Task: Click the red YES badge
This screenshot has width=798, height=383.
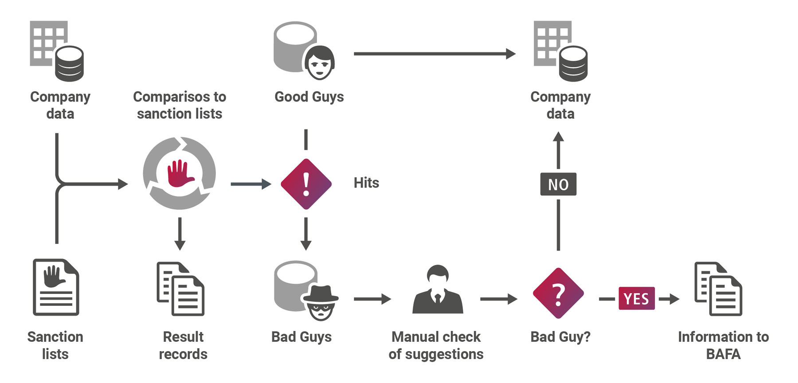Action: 636,298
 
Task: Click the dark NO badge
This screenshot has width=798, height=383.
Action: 558,184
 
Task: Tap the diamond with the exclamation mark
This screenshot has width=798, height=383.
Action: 306,184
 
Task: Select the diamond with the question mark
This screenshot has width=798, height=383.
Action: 558,293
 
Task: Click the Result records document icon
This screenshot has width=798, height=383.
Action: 180,289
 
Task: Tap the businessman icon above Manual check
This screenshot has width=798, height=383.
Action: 438,290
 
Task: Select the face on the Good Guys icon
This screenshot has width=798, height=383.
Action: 320,63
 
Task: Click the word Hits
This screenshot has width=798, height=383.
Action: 366,183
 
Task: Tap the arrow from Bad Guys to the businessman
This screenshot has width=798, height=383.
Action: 372,299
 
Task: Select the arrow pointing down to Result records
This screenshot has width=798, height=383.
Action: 180,234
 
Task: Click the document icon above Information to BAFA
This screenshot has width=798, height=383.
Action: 718,289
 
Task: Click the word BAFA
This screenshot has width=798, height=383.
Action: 723,354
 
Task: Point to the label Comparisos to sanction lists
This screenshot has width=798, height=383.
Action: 180,105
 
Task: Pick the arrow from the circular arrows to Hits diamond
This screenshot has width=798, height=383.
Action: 250,184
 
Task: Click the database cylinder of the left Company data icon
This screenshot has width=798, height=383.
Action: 69,64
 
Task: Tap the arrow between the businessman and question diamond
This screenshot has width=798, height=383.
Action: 498,299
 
